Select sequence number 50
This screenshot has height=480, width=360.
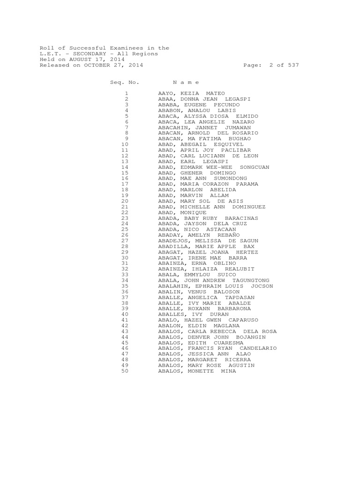coord(125,371)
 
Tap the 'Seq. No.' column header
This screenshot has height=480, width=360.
coord(125,82)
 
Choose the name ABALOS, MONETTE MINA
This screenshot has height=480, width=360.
coord(197,371)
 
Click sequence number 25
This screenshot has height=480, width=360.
coord(125,230)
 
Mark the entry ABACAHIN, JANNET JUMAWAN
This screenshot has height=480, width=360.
coord(204,127)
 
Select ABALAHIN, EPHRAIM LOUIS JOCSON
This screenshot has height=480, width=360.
coord(216,286)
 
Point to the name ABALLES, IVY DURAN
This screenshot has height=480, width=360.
coord(194,315)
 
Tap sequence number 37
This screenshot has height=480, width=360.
coord(125,298)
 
